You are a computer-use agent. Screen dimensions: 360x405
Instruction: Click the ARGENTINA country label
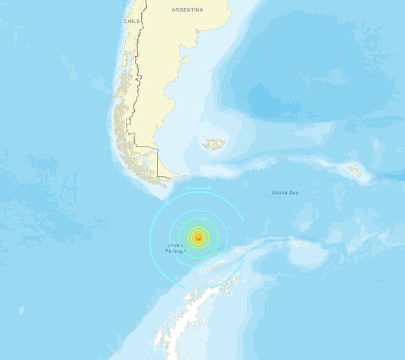tap(187, 10)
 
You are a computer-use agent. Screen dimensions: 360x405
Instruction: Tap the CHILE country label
tap(132, 21)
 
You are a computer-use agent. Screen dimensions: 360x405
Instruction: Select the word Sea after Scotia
tap(294, 192)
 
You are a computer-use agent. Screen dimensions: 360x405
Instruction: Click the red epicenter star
tap(198, 238)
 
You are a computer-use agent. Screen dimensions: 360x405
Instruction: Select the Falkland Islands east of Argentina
tap(214, 145)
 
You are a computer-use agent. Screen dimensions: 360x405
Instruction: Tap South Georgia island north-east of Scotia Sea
tap(355, 172)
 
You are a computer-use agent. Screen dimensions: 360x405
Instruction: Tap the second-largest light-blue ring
tap(226, 238)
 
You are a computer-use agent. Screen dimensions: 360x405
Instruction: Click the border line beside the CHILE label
tap(142, 26)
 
